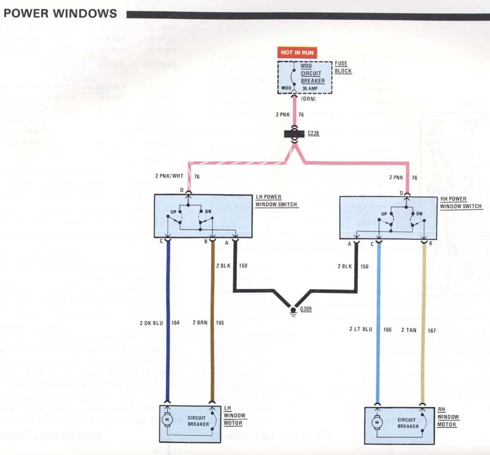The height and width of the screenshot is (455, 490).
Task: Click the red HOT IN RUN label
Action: [297, 53]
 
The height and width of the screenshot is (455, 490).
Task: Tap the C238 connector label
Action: [314, 133]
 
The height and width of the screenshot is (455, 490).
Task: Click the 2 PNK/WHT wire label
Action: [170, 177]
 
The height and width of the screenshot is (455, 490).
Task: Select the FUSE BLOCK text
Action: [344, 68]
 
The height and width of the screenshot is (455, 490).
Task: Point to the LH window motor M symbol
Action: [168, 420]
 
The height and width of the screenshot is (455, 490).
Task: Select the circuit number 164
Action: [175, 323]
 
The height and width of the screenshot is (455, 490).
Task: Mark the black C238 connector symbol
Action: [295, 134]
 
